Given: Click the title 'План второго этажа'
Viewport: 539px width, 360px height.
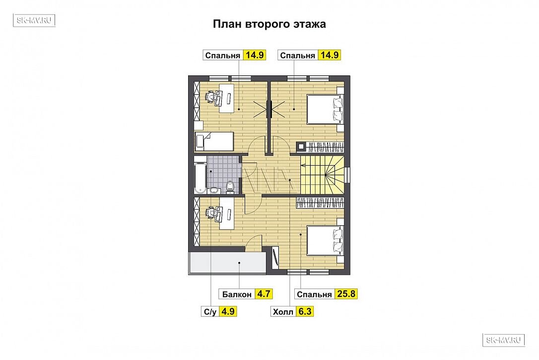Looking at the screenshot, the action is (x=269, y=24).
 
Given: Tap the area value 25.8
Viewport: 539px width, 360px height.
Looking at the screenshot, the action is (x=346, y=294).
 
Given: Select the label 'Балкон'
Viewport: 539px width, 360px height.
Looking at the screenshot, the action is (x=237, y=295).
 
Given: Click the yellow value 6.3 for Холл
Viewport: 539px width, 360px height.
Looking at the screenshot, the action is (x=305, y=311).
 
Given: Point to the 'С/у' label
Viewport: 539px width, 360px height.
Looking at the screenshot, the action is (x=210, y=312).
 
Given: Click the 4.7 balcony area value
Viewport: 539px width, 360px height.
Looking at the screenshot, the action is (x=264, y=294).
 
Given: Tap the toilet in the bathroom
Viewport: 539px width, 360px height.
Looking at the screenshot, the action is (x=230, y=187).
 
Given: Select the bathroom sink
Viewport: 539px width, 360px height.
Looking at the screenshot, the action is (x=214, y=189).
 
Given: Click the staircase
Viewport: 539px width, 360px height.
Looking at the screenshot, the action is (x=322, y=175).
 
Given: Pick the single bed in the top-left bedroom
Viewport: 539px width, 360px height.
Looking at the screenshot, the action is (x=214, y=141).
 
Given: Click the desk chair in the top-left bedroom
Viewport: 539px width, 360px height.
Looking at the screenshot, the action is (x=211, y=97).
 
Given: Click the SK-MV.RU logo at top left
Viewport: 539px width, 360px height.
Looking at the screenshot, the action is (x=34, y=20).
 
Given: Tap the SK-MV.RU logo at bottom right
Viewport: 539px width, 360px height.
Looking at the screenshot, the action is (x=504, y=340).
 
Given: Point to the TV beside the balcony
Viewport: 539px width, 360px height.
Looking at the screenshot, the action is (x=275, y=258).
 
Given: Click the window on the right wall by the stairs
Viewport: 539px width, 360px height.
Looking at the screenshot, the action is (x=348, y=175).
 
